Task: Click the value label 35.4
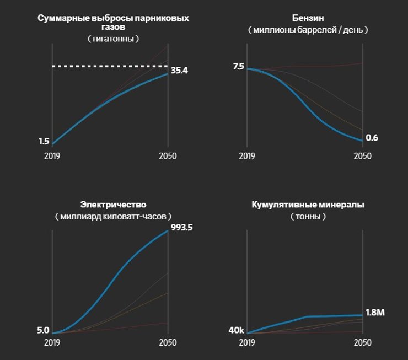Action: point(179,71)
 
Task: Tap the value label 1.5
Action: point(44,142)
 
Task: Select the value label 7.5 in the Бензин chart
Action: point(238,66)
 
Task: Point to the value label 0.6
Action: point(372,138)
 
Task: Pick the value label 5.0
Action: point(43,331)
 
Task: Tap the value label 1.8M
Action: point(375,313)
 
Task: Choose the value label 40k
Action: point(236,331)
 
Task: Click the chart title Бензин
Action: point(308,18)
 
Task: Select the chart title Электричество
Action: point(113,205)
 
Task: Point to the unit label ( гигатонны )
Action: point(113,39)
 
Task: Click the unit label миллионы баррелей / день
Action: point(308,30)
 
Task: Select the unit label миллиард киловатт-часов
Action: point(113,217)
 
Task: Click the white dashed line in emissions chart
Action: point(110,66)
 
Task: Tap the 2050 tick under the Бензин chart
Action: point(363,156)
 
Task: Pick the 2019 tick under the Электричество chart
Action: point(52,343)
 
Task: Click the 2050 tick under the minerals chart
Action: point(363,343)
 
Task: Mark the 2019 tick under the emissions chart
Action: point(52,156)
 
